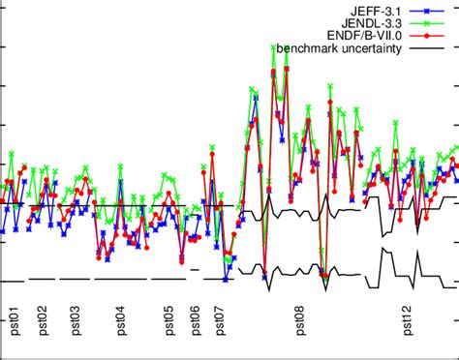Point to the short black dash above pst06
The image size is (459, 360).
click(194, 269)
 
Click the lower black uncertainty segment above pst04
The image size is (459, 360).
click(121, 279)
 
